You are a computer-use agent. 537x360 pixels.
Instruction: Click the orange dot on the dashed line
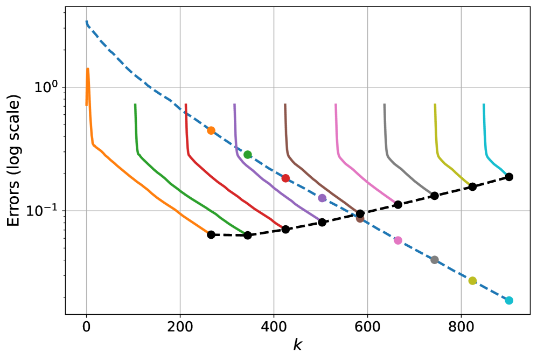coord(211,130)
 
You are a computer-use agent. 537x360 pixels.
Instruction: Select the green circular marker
coord(247,155)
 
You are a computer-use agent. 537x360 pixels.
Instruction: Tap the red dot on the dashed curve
coord(285,178)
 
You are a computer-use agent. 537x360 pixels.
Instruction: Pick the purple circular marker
coord(322,198)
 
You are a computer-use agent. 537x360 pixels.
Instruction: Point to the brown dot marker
coord(360,218)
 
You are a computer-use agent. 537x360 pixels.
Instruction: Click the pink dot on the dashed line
coord(398,240)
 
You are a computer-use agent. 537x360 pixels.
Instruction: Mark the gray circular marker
coord(435,260)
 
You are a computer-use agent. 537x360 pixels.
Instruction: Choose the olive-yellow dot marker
coord(472,281)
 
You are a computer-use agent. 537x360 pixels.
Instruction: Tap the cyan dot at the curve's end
coord(509,300)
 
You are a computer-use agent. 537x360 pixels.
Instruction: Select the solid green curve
coord(178,189)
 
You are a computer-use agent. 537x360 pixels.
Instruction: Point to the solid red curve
coord(226,189)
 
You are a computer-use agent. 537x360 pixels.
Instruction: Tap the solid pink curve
coord(366,181)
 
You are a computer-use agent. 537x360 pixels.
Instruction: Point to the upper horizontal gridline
coord(323,87)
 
